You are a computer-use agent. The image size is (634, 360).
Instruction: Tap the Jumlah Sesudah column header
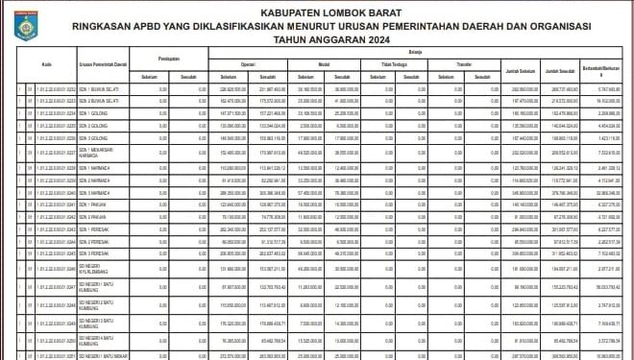point(564,71)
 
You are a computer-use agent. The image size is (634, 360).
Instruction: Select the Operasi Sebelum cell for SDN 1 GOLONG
point(227,113)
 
